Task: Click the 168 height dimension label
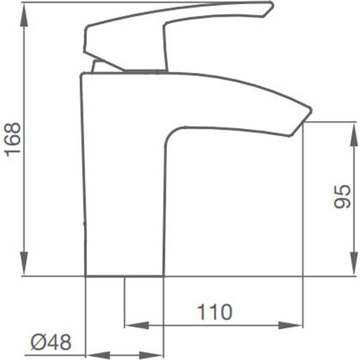click(14, 140)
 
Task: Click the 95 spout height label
click(343, 197)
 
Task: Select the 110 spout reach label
click(215, 312)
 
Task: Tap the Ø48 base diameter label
click(51, 342)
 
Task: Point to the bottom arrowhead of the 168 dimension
click(24, 264)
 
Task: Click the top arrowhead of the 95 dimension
click(354, 134)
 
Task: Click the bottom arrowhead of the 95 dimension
click(354, 264)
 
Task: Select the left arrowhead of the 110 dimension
click(137, 325)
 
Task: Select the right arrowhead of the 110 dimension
click(290, 325)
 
